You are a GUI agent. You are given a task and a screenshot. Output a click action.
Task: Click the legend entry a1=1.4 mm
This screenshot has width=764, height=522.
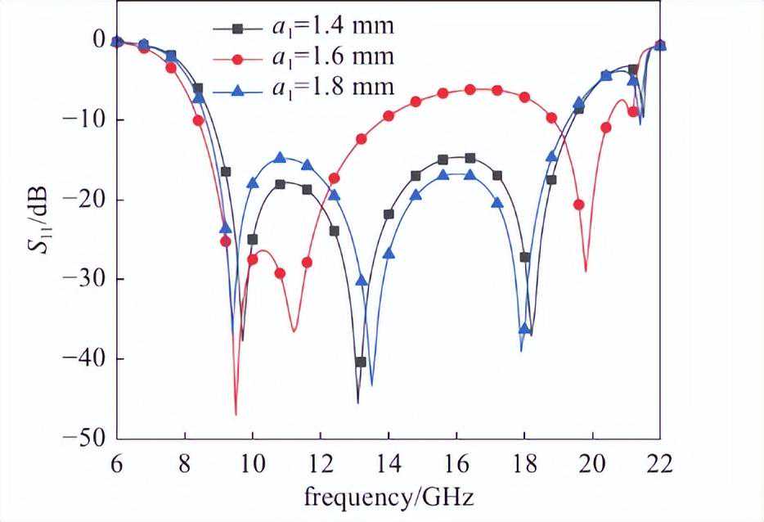pos(331,26)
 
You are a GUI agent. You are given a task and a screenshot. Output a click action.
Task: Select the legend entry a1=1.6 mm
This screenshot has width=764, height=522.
pos(331,56)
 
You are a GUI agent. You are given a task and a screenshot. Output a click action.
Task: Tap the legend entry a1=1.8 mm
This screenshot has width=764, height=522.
pos(331,87)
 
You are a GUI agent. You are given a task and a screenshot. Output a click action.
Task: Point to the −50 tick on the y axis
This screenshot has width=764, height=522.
pos(92,439)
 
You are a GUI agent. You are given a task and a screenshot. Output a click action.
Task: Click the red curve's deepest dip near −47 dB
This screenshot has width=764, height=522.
pos(236,414)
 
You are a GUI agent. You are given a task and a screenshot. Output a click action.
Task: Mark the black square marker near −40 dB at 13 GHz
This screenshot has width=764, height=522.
pos(360,362)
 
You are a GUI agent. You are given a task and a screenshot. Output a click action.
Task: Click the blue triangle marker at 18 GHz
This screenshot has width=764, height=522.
pos(524,329)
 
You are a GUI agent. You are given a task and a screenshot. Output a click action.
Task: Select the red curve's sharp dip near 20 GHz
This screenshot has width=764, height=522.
pos(586,271)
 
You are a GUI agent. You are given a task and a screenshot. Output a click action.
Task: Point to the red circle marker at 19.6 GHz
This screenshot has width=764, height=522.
pos(578,205)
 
